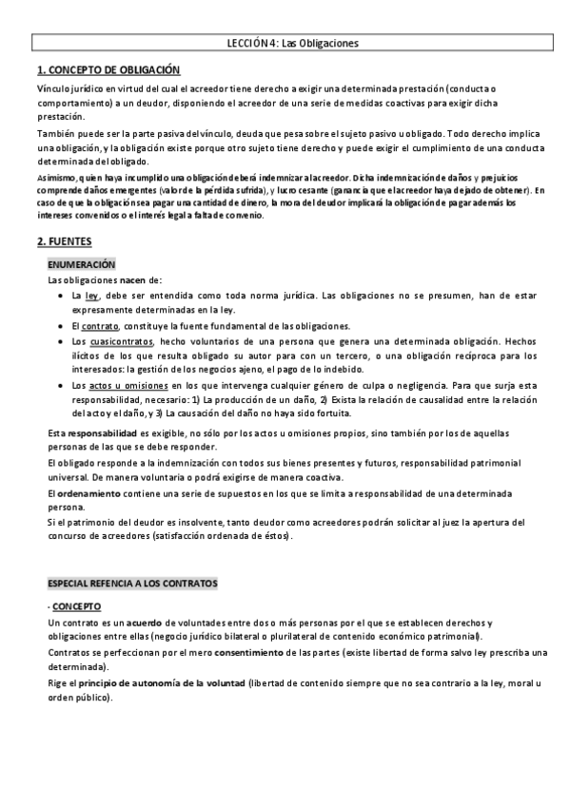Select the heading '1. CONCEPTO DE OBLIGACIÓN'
click(107, 70)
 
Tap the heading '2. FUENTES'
click(64, 242)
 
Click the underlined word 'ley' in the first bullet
click(91, 296)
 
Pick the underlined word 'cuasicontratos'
click(121, 340)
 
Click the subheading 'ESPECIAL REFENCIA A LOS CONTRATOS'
click(132, 582)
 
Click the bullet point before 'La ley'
click(59, 296)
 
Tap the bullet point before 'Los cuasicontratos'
click(59, 340)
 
